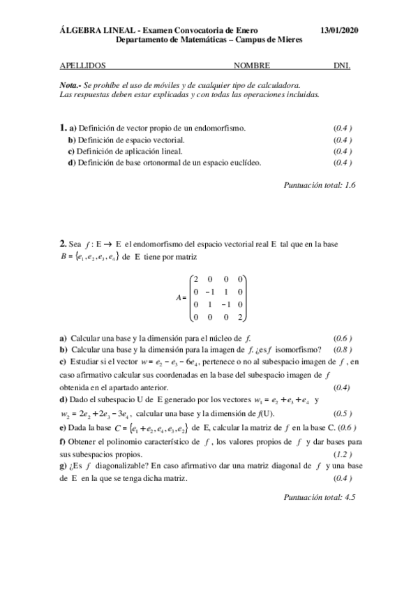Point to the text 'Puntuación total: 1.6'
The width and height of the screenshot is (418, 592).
(320, 185)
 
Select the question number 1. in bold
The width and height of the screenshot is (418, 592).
(63, 128)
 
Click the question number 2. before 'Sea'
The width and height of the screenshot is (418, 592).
(63, 244)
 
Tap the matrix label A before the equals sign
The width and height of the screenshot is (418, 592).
(179, 297)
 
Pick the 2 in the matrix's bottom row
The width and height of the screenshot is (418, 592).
(239, 318)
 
